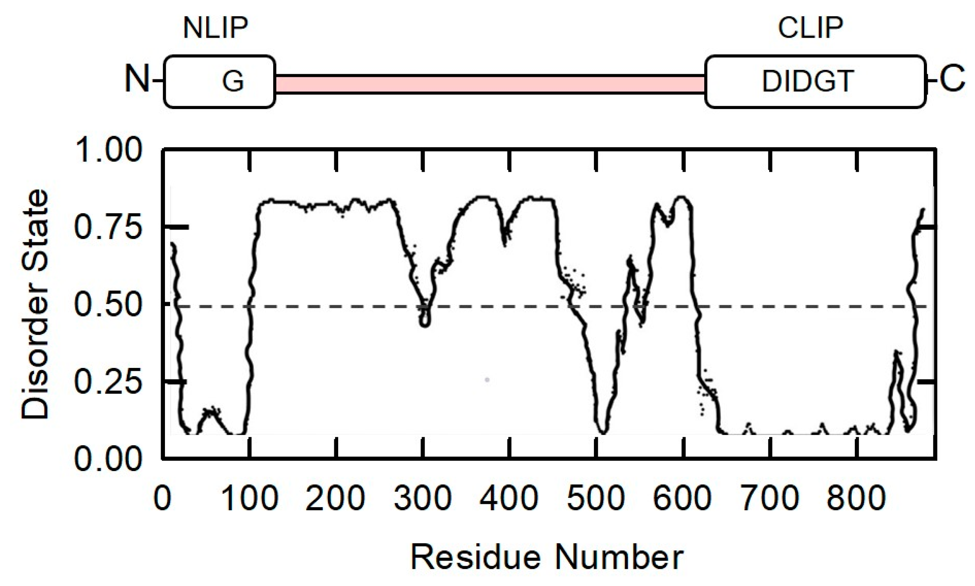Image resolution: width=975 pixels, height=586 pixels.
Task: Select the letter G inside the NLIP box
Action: [233, 81]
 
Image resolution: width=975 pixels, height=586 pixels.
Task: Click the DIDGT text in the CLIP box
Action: [808, 81]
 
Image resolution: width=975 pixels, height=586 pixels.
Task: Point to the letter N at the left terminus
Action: [136, 79]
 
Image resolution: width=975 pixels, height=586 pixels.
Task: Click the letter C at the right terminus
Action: [952, 79]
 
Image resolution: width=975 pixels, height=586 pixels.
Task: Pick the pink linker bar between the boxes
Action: [490, 84]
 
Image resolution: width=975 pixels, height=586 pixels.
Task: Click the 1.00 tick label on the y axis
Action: [108, 150]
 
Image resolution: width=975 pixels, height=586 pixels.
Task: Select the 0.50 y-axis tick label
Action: [108, 305]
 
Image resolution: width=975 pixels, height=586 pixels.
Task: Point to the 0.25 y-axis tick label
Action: [108, 382]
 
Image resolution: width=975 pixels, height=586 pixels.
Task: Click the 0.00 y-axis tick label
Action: [108, 460]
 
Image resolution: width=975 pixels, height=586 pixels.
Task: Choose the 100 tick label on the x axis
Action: [250, 498]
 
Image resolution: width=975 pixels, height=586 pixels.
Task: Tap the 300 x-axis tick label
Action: [423, 498]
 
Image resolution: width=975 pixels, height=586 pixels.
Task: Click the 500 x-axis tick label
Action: [596, 498]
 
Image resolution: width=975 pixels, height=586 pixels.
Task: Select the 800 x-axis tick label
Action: [856, 498]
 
